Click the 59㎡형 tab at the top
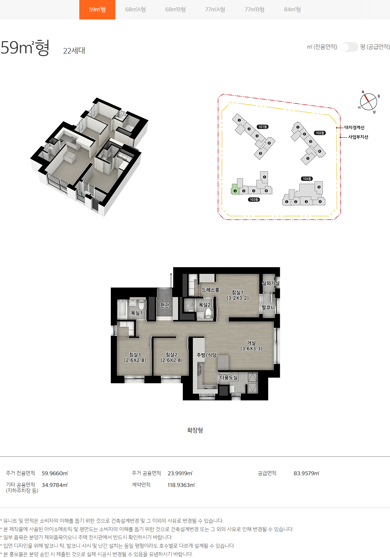click(x=97, y=10)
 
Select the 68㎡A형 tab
click(x=135, y=10)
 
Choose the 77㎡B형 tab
click(x=254, y=10)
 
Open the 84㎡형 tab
click(x=292, y=10)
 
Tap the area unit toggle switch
click(x=349, y=47)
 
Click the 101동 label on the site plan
click(x=263, y=127)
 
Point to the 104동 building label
click(x=307, y=179)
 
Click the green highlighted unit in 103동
click(x=235, y=189)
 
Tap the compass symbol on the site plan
click(x=369, y=102)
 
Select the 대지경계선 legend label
click(x=354, y=128)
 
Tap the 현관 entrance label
click(x=165, y=305)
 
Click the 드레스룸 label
click(x=210, y=290)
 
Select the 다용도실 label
click(x=229, y=378)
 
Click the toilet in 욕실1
click(x=141, y=305)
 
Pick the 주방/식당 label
click(x=206, y=355)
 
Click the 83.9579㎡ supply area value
click(x=306, y=473)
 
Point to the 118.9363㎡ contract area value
click(x=181, y=485)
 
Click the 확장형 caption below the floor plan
click(x=195, y=430)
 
